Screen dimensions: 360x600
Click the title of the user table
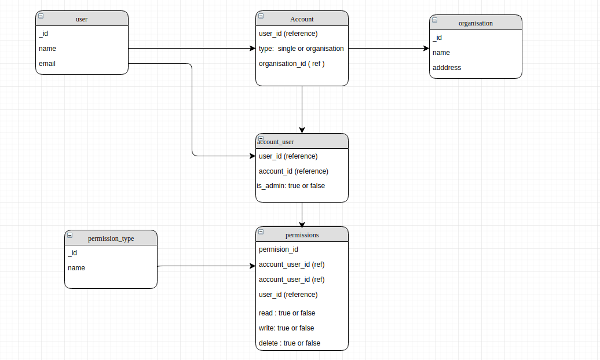(82, 19)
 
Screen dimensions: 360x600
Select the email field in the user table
(47, 64)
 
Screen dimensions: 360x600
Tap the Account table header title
(302, 19)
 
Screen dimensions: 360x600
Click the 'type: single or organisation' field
(301, 49)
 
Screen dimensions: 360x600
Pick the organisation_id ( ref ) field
(291, 64)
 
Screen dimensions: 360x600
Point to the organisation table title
(475, 23)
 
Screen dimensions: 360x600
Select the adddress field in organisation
(447, 68)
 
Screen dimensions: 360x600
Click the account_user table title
(276, 142)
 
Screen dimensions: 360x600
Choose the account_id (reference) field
(293, 171)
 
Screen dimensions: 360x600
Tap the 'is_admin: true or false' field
(291, 186)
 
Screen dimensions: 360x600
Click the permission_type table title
(111, 238)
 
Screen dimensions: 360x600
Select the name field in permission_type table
(76, 268)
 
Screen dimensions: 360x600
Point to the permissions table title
(302, 235)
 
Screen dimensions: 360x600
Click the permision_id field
(279, 249)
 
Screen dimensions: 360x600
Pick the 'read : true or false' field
(287, 313)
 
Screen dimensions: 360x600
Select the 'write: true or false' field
(286, 328)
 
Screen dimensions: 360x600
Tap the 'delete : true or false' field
(289, 343)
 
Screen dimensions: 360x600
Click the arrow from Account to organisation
(388, 49)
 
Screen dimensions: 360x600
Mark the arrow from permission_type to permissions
(206, 266)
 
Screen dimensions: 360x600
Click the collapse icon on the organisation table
(435, 20)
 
